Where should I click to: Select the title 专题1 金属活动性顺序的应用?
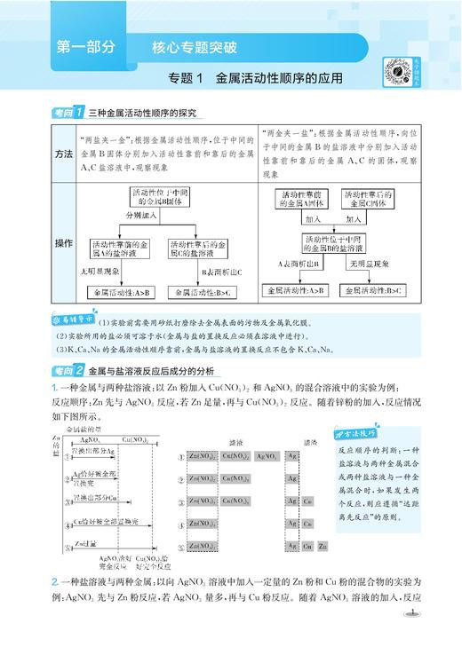(251, 80)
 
